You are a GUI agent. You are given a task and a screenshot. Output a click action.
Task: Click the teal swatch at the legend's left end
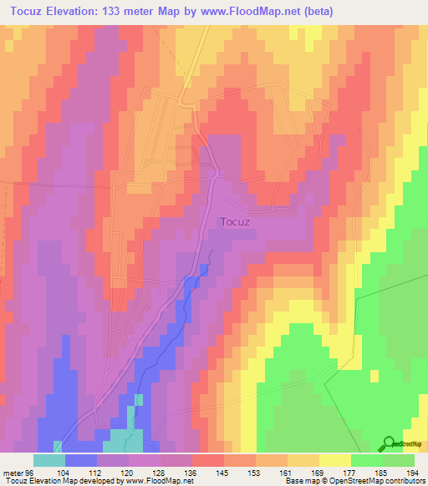tap(49, 460)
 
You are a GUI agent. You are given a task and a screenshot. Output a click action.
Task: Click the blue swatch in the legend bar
tap(81, 460)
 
